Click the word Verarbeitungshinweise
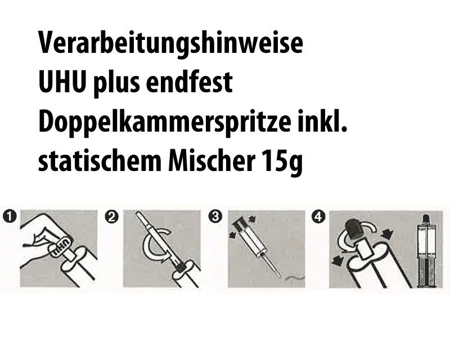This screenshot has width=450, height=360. pos(170,44)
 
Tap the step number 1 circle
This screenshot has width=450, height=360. pos(9,216)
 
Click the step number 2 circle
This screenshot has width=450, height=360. pos(111,217)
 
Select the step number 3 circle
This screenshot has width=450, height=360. pos(215,216)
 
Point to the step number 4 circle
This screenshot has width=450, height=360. pos(318,217)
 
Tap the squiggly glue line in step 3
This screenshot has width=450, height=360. pos(294,277)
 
